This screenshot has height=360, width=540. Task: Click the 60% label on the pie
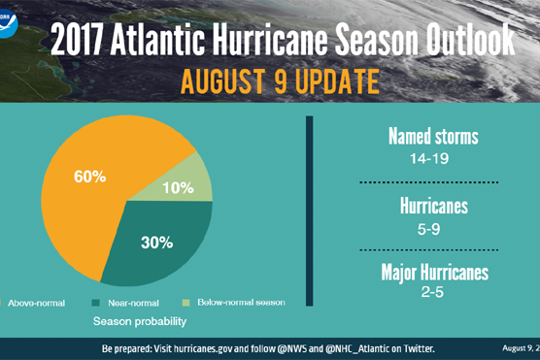[90, 177]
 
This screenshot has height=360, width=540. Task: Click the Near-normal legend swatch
[95, 303]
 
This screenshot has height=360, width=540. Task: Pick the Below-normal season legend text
[241, 303]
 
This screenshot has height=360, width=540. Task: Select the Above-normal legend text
[34, 303]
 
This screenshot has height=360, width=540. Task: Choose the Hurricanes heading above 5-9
[433, 205]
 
